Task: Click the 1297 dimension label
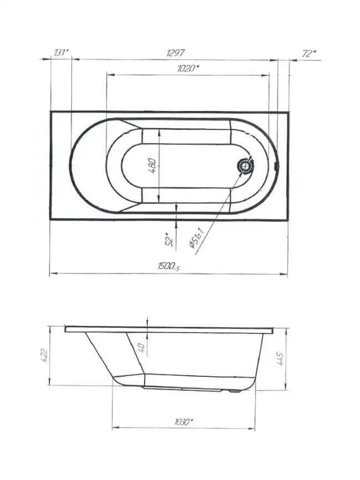click(x=176, y=53)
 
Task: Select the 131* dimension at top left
click(x=60, y=52)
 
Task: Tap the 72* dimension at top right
click(x=309, y=54)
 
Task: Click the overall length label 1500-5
click(x=169, y=266)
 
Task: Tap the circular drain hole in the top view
click(x=245, y=166)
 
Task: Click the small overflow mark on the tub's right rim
click(x=276, y=166)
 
